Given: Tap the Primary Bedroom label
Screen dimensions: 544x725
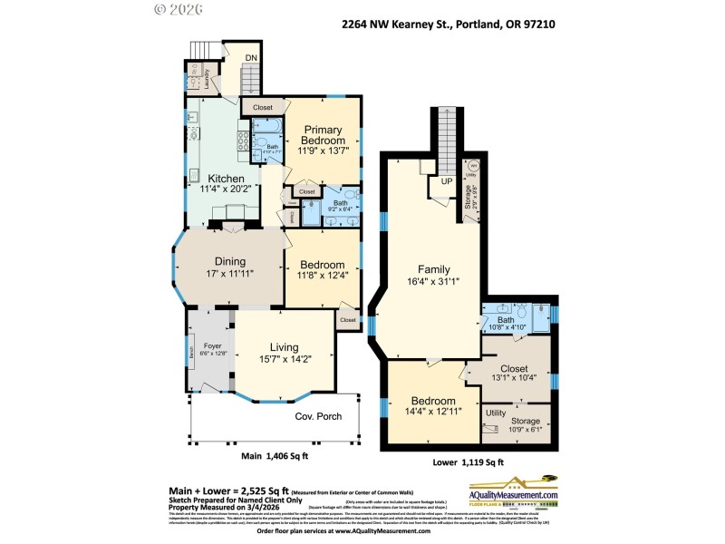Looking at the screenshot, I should coord(324,134).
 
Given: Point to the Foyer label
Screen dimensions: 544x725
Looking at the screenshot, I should coord(212,345).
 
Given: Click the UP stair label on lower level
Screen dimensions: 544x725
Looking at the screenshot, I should coord(446,180).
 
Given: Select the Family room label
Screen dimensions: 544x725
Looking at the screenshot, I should coord(433,269).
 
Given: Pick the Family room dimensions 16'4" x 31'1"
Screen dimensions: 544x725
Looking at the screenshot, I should coord(433,282).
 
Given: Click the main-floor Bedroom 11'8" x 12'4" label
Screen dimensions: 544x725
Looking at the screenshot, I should coord(323,265).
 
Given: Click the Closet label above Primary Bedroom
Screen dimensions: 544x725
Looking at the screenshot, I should coord(262,107).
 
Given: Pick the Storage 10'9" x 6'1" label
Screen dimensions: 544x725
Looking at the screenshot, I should coord(526,421).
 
